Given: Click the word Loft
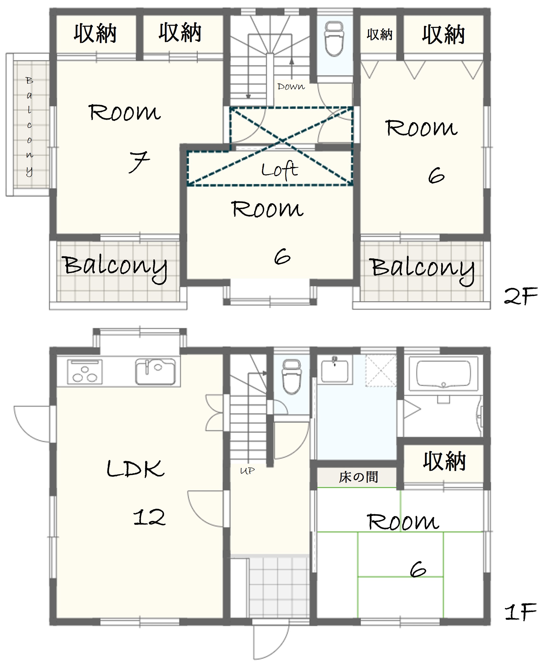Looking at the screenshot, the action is (280, 170).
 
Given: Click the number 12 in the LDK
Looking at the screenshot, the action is (149, 517).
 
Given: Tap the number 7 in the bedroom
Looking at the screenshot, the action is (139, 162).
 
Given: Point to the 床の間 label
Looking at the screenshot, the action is (358, 477).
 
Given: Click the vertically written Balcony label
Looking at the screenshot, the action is (29, 126).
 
